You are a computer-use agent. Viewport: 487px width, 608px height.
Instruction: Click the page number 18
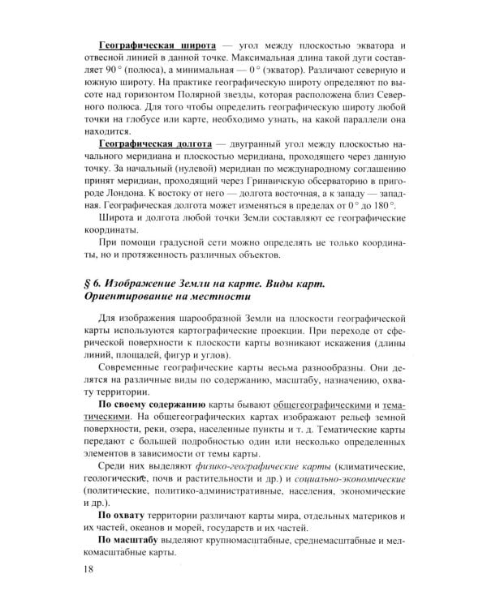tap(88, 572)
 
